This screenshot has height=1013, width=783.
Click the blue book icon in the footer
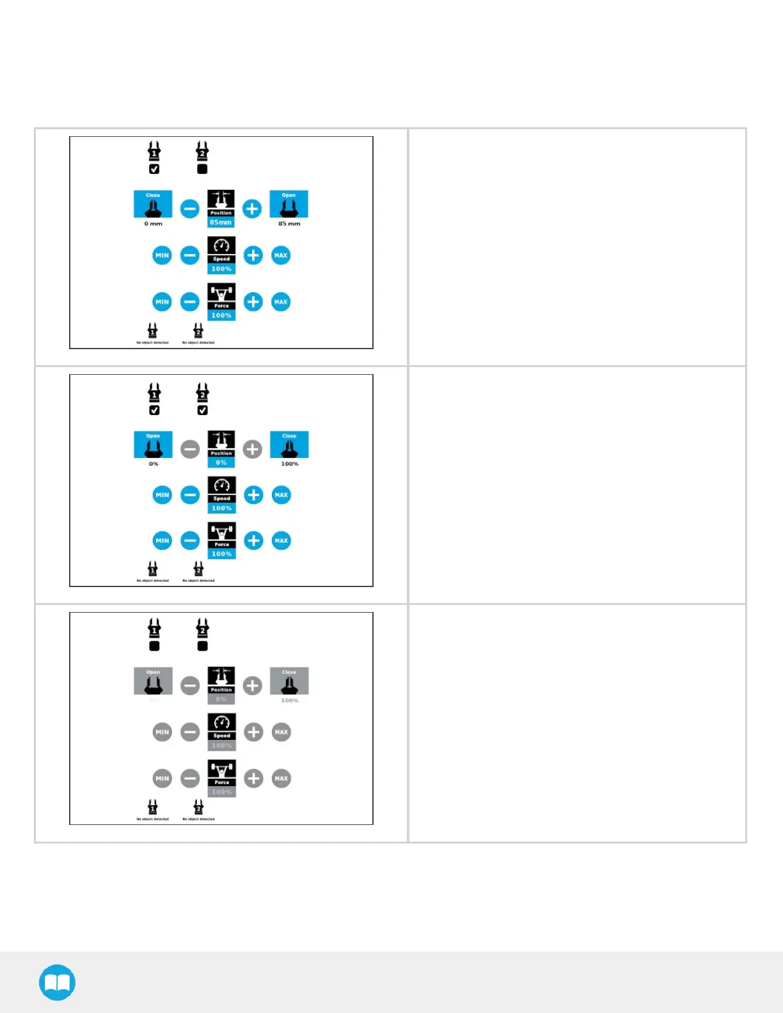click(x=57, y=982)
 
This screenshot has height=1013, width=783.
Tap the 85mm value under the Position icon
click(x=221, y=223)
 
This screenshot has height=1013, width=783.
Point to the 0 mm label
click(x=154, y=224)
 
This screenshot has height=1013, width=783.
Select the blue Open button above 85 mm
click(x=289, y=204)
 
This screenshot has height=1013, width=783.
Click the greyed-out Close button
click(x=289, y=681)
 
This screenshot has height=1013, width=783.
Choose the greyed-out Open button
click(x=153, y=681)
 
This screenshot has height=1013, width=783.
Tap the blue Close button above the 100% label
click(x=289, y=444)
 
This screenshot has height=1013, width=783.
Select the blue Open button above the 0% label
click(x=153, y=444)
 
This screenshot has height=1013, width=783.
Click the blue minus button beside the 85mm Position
click(x=190, y=208)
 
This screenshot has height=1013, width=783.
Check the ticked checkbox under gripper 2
click(x=203, y=411)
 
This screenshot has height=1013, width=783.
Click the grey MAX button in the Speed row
click(x=281, y=732)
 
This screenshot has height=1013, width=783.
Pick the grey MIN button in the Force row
click(x=162, y=778)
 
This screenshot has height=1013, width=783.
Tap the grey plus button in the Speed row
click(x=253, y=732)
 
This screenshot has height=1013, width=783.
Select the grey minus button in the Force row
click(x=190, y=778)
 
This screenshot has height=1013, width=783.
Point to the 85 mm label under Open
click(x=289, y=224)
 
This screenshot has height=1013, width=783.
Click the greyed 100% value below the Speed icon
click(x=221, y=746)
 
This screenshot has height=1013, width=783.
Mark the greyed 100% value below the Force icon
click(x=221, y=792)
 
